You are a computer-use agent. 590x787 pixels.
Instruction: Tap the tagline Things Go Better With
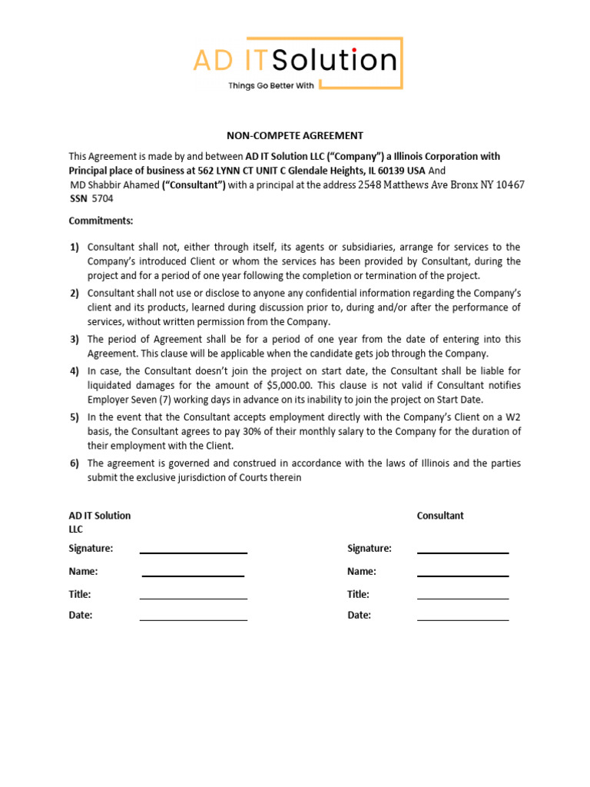pyautogui.click(x=270, y=86)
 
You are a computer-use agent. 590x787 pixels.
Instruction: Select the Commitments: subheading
pyautogui.click(x=101, y=221)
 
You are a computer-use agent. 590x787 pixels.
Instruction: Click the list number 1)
pyautogui.click(x=75, y=247)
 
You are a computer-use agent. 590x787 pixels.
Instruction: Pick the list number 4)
pyautogui.click(x=75, y=371)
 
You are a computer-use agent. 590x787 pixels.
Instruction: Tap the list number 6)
pyautogui.click(x=75, y=463)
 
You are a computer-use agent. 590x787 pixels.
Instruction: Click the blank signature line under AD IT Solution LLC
pyautogui.click(x=193, y=552)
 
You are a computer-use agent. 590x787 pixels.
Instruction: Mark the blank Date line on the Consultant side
pyautogui.click(x=462, y=619)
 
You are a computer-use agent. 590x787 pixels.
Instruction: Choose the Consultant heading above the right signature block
pyautogui.click(x=440, y=516)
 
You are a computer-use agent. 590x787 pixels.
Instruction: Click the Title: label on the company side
pyautogui.click(x=80, y=594)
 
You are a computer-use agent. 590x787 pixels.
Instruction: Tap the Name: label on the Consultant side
pyautogui.click(x=361, y=572)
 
